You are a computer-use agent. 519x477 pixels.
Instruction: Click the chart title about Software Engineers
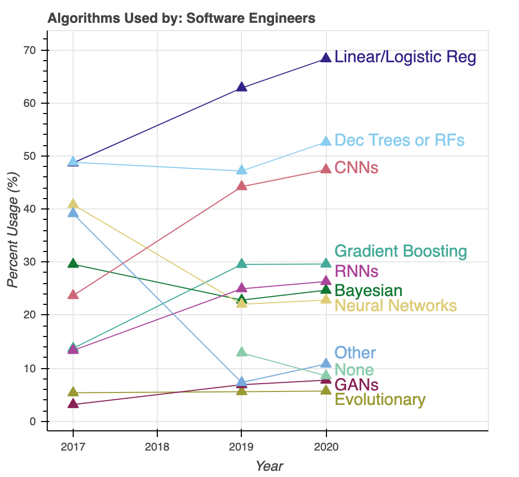pos(181,19)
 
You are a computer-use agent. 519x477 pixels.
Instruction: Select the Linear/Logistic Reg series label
pos(405,57)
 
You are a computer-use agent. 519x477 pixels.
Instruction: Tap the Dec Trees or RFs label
pos(399,141)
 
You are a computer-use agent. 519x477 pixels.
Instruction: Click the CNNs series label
pos(356,168)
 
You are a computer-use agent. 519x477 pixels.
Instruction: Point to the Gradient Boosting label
pos(401,251)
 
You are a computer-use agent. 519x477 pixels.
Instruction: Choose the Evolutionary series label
pos(380,400)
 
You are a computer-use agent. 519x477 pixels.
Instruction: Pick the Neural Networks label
pos(395,306)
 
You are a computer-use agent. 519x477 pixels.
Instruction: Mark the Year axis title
pos(269,466)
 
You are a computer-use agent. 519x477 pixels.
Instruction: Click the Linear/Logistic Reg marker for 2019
pos(241,87)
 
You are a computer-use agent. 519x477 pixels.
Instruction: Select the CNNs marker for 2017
pos(73,294)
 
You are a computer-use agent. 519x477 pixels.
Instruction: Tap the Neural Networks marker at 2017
pos(73,204)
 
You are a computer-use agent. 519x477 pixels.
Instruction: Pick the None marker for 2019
pos(241,353)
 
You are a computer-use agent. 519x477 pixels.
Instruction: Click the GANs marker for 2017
pos(73,404)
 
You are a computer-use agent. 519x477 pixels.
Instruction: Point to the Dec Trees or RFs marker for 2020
pos(326,142)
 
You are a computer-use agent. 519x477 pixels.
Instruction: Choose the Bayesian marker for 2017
pos(73,264)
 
